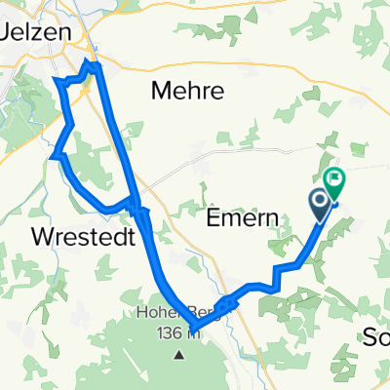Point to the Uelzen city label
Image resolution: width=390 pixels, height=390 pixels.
pos(37,30)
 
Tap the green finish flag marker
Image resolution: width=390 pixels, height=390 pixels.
pos(334,178)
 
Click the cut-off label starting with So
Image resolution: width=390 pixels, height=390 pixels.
pos(376,337)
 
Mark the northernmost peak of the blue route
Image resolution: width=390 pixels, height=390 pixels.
pos(93,64)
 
